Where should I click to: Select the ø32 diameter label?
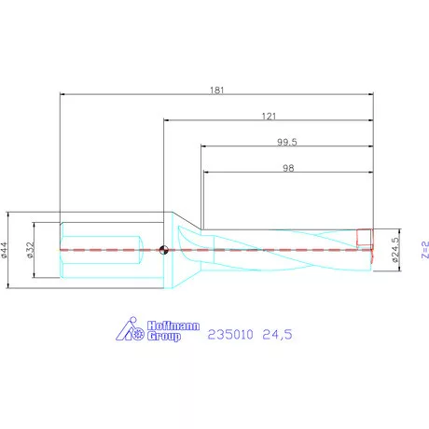30,249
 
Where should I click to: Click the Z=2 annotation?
423,249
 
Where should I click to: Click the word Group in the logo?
165,337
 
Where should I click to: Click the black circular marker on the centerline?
164,249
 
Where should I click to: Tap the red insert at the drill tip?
365,239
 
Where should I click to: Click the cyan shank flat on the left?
103,249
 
